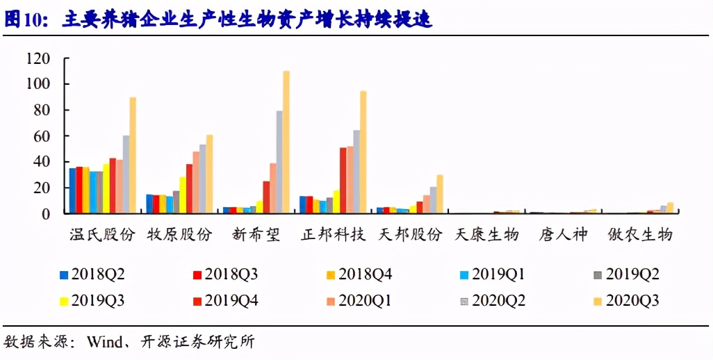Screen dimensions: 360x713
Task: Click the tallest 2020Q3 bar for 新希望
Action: pos(286,142)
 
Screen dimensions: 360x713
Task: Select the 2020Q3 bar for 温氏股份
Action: pos(133,155)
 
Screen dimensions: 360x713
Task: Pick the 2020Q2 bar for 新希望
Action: pos(279,162)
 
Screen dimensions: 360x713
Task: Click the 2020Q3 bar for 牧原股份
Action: pos(209,174)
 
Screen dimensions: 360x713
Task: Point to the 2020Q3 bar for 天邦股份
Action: pos(440,194)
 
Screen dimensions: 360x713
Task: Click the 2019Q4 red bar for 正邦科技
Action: pos(343,180)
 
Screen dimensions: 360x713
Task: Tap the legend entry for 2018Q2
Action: pos(92,275)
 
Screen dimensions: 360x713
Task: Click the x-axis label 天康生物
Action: pos(486,234)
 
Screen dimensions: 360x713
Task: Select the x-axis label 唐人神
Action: pos(563,234)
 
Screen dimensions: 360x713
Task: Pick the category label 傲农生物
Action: pos(640,234)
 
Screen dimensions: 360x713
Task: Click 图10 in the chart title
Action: pos(23,19)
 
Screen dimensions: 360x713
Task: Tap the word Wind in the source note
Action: pos(103,342)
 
